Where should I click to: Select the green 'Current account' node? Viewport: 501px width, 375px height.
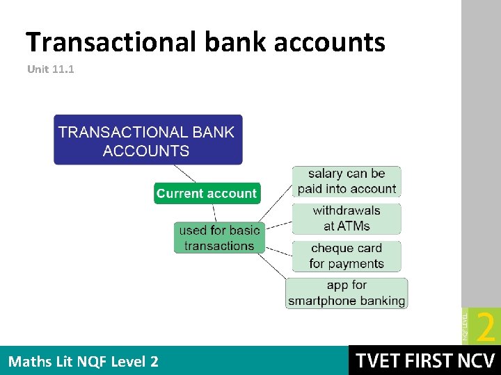pyautogui.click(x=206, y=194)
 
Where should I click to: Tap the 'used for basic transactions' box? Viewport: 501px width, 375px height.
pyautogui.click(x=218, y=237)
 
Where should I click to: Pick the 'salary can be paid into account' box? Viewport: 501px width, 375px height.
pyautogui.click(x=347, y=181)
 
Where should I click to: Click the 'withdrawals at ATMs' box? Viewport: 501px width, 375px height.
pyautogui.click(x=347, y=218)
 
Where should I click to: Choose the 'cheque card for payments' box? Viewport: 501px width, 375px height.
pyautogui.click(x=347, y=256)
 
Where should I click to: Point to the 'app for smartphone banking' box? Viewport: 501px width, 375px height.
pyautogui.click(x=347, y=293)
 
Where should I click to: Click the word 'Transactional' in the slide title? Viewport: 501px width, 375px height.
pyautogui.click(x=111, y=42)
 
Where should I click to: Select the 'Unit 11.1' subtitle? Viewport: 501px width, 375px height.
pyautogui.click(x=50, y=69)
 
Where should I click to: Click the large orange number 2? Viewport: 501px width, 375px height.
pyautogui.click(x=486, y=326)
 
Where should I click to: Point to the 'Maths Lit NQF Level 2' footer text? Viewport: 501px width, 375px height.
pyautogui.click(x=83, y=361)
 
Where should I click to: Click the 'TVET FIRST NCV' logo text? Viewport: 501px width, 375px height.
pyautogui.click(x=424, y=361)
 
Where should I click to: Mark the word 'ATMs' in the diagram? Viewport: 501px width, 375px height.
pyautogui.click(x=353, y=226)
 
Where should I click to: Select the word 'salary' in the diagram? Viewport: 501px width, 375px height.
pyautogui.click(x=325, y=174)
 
